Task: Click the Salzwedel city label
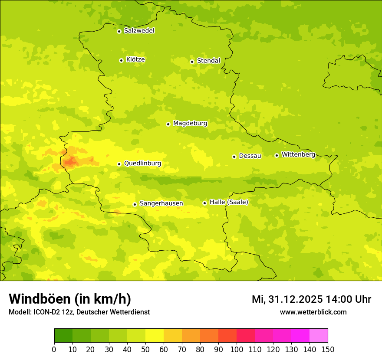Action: tap(139, 31)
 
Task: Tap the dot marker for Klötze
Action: tap(121, 60)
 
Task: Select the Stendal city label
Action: tap(208, 61)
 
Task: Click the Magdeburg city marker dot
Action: tap(168, 124)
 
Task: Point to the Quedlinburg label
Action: tap(142, 164)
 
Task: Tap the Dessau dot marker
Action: tap(234, 157)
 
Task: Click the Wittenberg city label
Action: tap(298, 155)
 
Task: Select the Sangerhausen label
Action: tap(161, 203)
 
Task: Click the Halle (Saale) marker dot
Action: tap(204, 203)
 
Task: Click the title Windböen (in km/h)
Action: tap(70, 299)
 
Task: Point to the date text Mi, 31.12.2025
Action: tap(287, 299)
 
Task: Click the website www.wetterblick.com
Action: tap(313, 312)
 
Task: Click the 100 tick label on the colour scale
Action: tap(237, 349)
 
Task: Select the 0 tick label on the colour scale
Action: tap(54, 349)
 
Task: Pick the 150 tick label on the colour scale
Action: tap(328, 349)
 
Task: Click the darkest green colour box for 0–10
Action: tap(63, 336)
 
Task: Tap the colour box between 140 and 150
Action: tap(319, 336)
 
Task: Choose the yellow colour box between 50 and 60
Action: tap(155, 336)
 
